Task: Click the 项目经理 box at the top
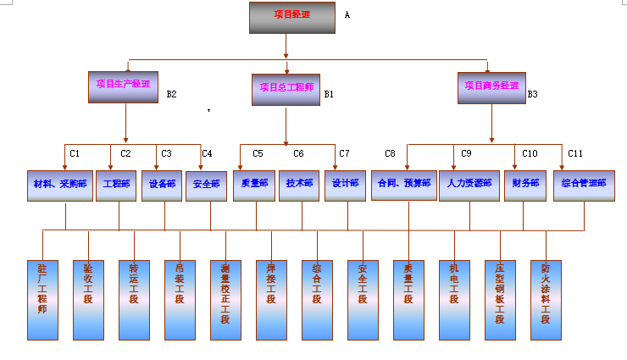(x=292, y=17)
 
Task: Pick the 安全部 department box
(x=207, y=186)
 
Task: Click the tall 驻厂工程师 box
(x=42, y=299)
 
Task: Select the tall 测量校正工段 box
(x=225, y=299)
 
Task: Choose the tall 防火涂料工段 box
(x=546, y=299)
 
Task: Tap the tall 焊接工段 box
(x=271, y=299)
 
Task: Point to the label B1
(x=329, y=94)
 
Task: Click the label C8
(x=390, y=153)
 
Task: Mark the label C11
(x=575, y=153)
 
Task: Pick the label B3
(x=532, y=94)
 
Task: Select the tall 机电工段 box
(x=454, y=299)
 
